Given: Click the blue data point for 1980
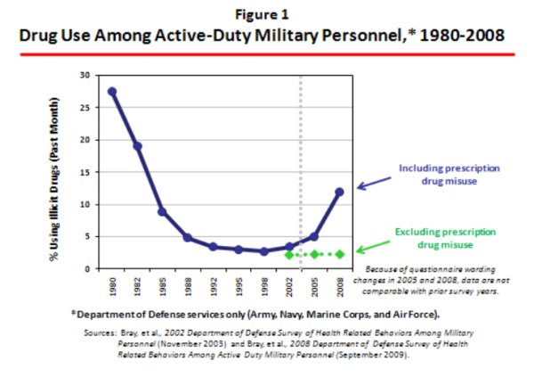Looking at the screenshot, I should pyautogui.click(x=112, y=92).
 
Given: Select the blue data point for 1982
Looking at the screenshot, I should pyautogui.click(x=137, y=146).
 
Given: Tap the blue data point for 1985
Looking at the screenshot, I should pyautogui.click(x=163, y=211).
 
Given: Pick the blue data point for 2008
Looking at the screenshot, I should pyautogui.click(x=339, y=192).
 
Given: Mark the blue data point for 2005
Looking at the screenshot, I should pyautogui.click(x=314, y=236).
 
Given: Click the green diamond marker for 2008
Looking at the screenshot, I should pyautogui.click(x=339, y=254).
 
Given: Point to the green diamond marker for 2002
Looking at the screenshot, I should pyautogui.click(x=288, y=254).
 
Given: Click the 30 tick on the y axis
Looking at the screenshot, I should pyautogui.click(x=85, y=75).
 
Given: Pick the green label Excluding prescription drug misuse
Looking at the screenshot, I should pyautogui.click(x=436, y=237).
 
